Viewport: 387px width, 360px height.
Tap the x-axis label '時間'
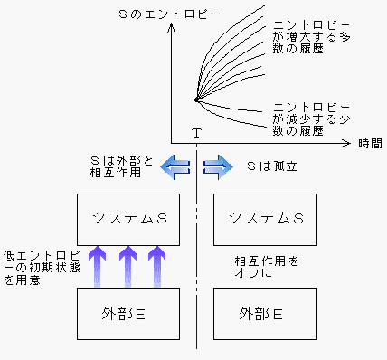click(370, 143)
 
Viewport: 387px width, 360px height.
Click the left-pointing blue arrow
click(175, 166)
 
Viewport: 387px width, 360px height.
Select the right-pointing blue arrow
click(218, 166)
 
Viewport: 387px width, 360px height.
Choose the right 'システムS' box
click(264, 218)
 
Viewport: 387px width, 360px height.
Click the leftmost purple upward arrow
click(97, 266)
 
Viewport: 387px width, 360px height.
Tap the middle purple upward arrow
click(128, 266)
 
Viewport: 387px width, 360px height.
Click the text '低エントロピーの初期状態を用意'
click(36, 268)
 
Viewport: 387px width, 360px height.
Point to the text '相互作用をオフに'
click(263, 267)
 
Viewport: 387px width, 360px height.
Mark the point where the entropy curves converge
click(196, 99)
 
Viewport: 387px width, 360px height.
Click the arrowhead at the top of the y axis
click(196, 11)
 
